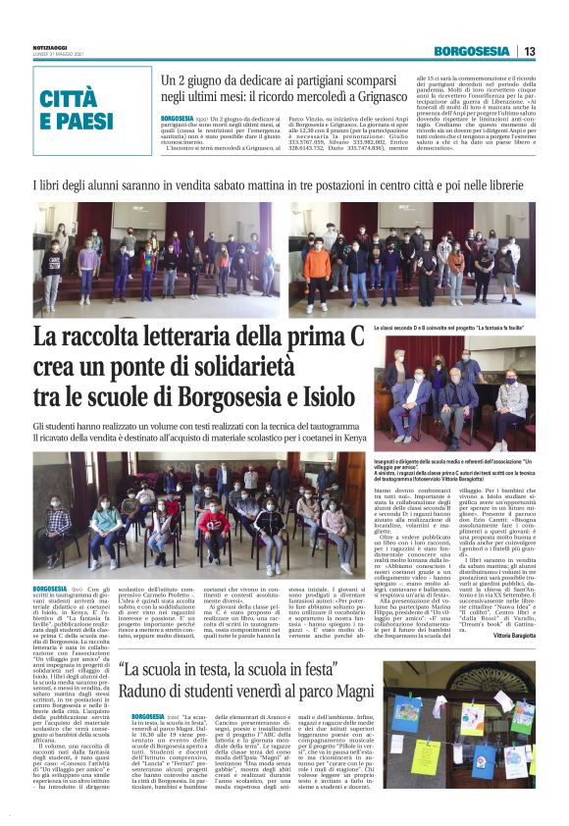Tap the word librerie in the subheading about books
(514, 184)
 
